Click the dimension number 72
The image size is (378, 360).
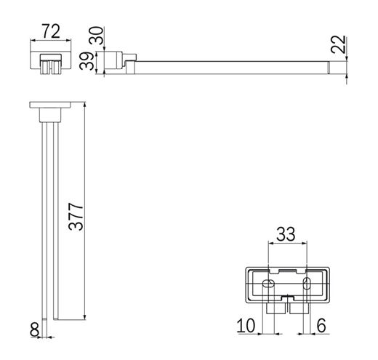[x=51, y=31]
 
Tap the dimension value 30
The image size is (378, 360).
[x=96, y=36]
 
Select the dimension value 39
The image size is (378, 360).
[x=87, y=61]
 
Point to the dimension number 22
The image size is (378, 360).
[x=338, y=44]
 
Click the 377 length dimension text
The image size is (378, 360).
[x=76, y=217]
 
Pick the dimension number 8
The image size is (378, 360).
[x=34, y=329]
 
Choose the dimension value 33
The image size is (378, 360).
[x=286, y=234]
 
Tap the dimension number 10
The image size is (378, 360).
[x=246, y=326]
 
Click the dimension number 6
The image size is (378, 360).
[x=321, y=326]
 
